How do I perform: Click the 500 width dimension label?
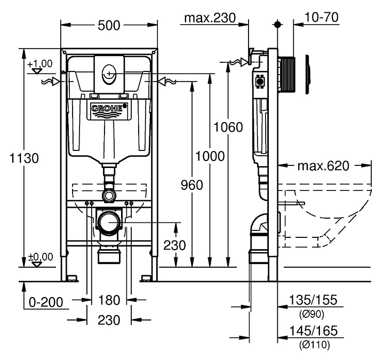point(110,25)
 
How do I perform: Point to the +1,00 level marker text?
point(42,63)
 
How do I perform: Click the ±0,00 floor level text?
point(42,257)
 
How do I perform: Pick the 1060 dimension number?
point(228,127)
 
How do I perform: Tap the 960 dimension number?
point(192,185)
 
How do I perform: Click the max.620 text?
point(323,166)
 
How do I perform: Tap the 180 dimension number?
point(110,301)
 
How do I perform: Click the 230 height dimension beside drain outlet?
point(174,245)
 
